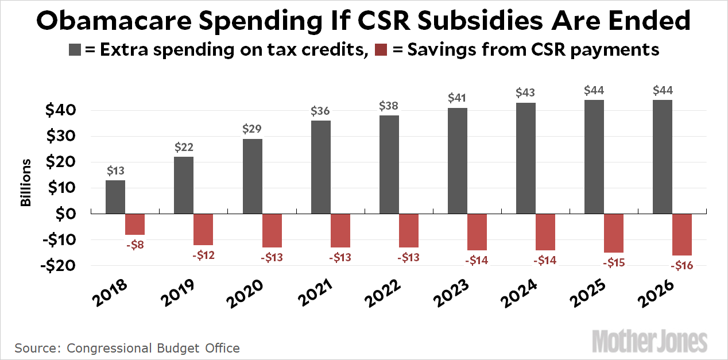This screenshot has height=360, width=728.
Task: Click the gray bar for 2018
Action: pyautogui.click(x=115, y=196)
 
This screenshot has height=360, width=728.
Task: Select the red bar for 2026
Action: pyautogui.click(x=681, y=234)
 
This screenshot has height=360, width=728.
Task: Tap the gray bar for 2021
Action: pyautogui.click(x=321, y=167)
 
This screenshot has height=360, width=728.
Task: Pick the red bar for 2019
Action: pyautogui.click(x=203, y=229)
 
